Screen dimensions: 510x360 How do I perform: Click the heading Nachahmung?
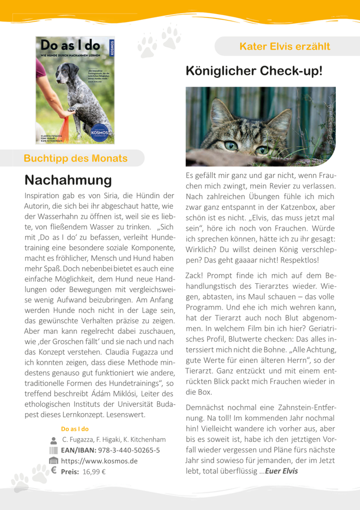68,180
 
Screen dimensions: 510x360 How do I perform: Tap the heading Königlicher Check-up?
254,71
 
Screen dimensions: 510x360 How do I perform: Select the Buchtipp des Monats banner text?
75,158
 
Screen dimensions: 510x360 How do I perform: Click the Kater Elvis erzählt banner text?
285,46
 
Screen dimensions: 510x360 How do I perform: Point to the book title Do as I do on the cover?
70,45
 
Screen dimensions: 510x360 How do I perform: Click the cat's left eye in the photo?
231,145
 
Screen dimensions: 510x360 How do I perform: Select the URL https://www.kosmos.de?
99,460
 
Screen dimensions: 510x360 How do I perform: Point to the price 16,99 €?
94,471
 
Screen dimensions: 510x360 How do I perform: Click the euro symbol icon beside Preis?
53,470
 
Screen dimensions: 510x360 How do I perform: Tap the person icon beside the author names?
53,440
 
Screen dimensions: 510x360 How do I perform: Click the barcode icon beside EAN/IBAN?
53,450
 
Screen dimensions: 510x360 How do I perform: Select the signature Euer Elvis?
282,471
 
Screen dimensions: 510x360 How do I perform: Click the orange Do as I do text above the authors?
75,429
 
